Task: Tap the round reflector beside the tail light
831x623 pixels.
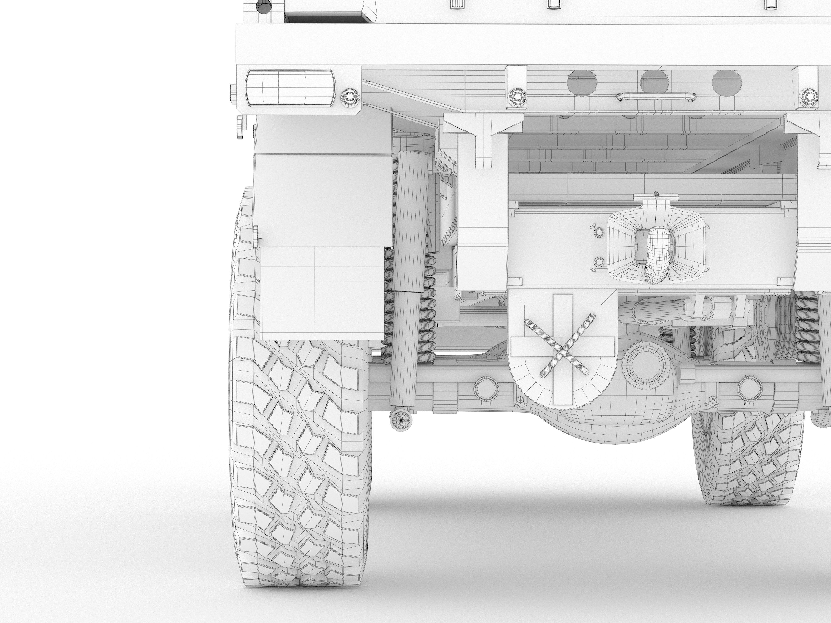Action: point(350,97)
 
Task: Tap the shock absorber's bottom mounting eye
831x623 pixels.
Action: point(401,421)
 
